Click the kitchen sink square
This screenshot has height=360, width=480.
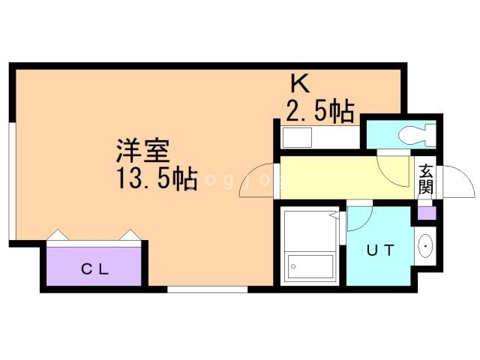[297, 139]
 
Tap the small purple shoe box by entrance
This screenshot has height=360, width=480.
[426, 211]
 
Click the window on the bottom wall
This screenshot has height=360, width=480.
[207, 289]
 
